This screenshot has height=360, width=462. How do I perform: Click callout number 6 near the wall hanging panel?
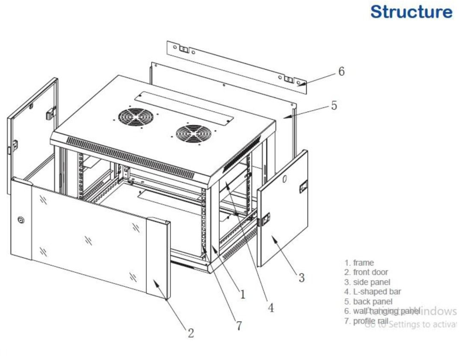tap(341, 71)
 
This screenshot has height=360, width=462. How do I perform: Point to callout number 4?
tap(270, 307)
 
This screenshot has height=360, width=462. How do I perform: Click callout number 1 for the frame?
tap(242, 294)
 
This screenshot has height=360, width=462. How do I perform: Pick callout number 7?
tap(239, 325)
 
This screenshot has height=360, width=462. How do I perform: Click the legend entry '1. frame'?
tap(359, 263)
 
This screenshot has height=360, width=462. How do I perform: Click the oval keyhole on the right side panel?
tap(284, 180)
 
